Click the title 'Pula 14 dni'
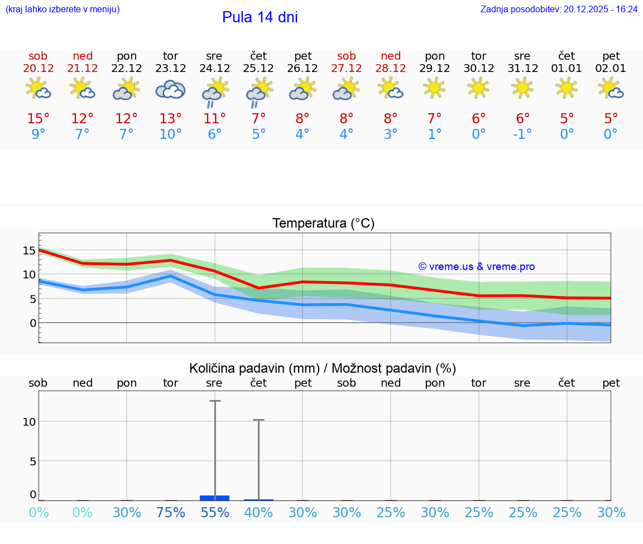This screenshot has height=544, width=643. [x=260, y=17]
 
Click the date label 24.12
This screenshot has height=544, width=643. [x=214, y=69]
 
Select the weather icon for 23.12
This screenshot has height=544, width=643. [x=170, y=89]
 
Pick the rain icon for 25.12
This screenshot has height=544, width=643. [x=259, y=92]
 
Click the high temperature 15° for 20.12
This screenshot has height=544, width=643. [x=39, y=119]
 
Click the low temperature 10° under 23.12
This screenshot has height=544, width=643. [x=170, y=134]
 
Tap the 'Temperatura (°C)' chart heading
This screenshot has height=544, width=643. [x=323, y=224]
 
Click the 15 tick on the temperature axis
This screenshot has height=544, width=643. [x=29, y=251]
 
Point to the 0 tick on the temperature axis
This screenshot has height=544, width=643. [x=33, y=323]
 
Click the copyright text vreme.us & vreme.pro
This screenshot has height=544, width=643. [x=477, y=267]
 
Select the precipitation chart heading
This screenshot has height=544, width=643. [x=323, y=368]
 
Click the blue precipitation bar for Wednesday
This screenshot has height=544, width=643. [x=214, y=498]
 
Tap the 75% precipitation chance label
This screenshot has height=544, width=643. [x=170, y=512]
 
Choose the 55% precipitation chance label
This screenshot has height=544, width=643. [x=214, y=512]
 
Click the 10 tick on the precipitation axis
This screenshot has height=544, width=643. [x=29, y=422]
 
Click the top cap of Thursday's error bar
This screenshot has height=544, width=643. [x=258, y=420]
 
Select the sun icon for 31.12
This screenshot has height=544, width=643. [x=522, y=88]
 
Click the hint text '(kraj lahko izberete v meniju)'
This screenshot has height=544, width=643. [x=62, y=9]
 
